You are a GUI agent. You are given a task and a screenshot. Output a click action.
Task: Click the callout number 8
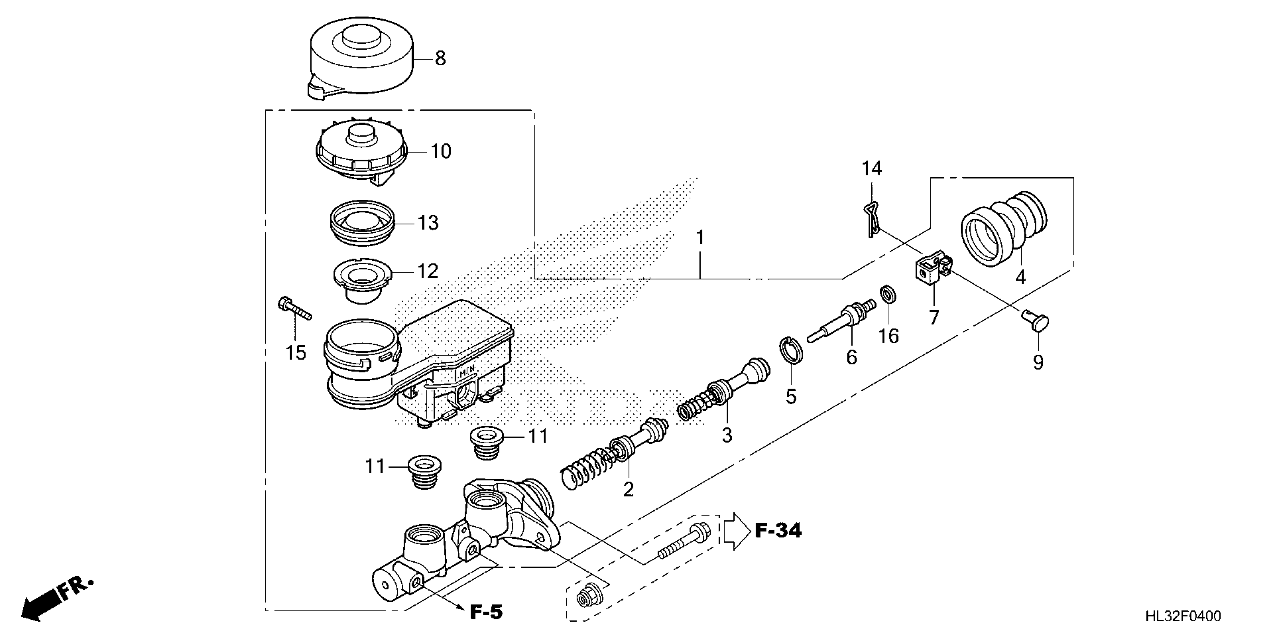[440, 59]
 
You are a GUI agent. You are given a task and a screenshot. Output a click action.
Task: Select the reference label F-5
[486, 612]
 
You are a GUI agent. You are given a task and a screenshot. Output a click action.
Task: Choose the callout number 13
[428, 223]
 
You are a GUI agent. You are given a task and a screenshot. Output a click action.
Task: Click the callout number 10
[441, 151]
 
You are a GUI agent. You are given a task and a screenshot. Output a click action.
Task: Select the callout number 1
[700, 238]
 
